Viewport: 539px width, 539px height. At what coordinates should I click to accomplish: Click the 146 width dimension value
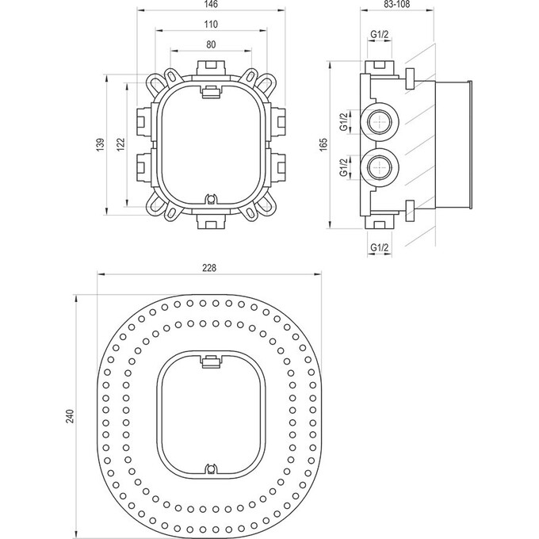click(209, 6)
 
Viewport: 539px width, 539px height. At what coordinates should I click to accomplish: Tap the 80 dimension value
click(209, 45)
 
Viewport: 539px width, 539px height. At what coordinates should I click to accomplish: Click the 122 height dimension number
click(120, 144)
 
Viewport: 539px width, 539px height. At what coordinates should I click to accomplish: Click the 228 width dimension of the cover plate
click(209, 268)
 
